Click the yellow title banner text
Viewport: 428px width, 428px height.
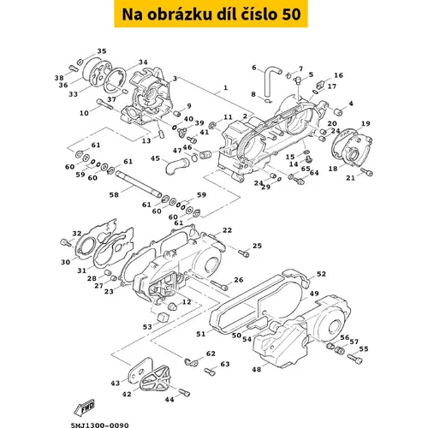tap(211, 15)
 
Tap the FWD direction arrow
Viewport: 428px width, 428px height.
tap(84, 407)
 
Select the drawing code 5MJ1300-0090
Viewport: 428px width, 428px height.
tap(99, 425)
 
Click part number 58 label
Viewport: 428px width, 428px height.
tap(114, 195)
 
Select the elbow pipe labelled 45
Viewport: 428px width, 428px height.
tap(176, 165)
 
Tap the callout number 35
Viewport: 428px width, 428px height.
tap(102, 51)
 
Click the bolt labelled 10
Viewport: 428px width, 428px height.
tap(105, 104)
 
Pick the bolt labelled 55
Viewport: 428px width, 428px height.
tap(355, 360)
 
